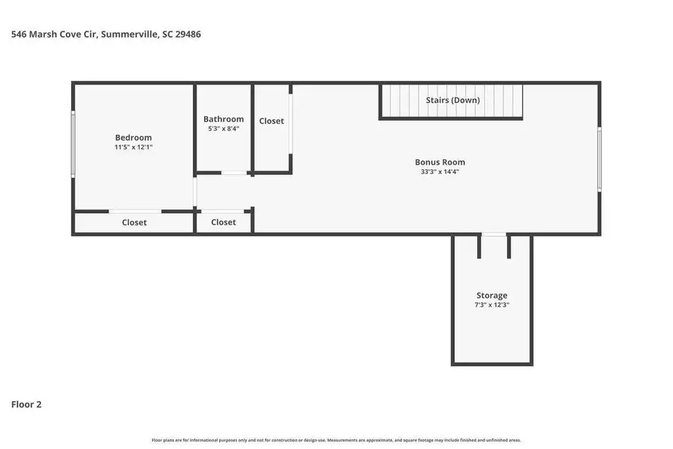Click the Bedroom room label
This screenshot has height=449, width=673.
tap(133, 137)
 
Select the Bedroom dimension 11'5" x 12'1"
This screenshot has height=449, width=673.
tap(133, 147)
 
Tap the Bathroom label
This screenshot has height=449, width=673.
tap(224, 119)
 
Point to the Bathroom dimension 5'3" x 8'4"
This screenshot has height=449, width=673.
tap(224, 129)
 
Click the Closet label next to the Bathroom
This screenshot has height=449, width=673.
tap(271, 121)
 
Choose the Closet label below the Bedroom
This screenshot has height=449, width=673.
tap(135, 222)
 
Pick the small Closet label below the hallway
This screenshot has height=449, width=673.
tap(224, 222)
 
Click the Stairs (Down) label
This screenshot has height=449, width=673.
tap(453, 100)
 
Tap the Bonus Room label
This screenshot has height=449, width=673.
tap(440, 162)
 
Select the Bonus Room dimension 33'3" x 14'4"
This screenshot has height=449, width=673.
tap(440, 172)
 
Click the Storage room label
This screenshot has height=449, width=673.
tap(492, 296)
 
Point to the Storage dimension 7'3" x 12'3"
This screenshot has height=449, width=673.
tap(492, 305)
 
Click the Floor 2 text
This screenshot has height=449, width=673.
tap(26, 404)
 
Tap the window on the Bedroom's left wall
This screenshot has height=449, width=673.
tap(73, 144)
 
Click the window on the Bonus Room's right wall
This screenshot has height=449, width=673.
tap(599, 159)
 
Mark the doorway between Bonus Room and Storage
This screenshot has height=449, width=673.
tap(493, 235)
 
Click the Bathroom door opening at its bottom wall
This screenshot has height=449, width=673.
tap(235, 173)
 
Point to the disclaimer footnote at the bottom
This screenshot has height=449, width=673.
tap(336, 440)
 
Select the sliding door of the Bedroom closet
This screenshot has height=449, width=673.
tap(135, 211)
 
